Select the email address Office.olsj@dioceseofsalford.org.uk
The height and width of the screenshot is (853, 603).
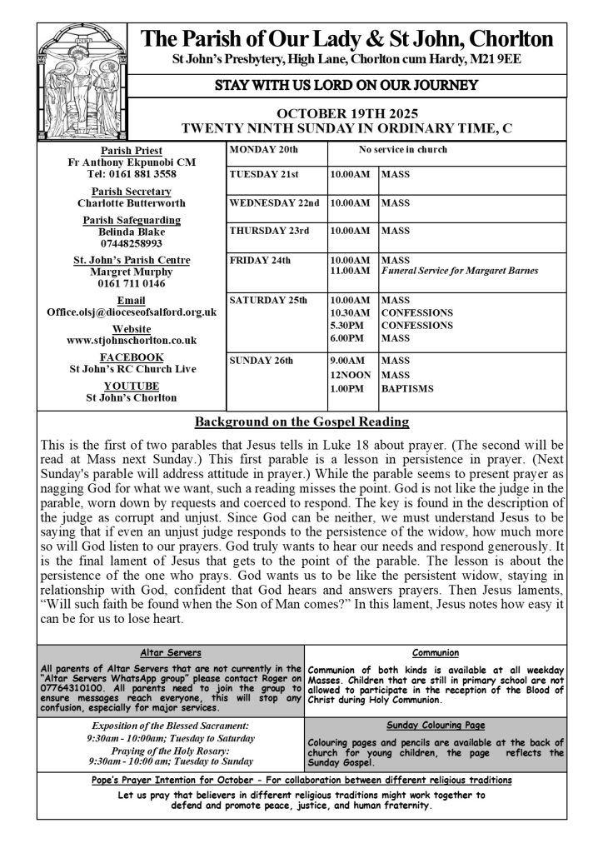[x=132, y=312]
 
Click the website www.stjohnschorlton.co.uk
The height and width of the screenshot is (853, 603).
[x=132, y=340]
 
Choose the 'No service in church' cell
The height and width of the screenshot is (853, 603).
[x=402, y=150]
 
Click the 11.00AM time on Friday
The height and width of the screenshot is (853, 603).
[x=350, y=271]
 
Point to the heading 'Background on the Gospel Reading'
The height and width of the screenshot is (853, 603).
[x=301, y=422]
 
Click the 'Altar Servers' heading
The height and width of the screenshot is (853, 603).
[x=170, y=654]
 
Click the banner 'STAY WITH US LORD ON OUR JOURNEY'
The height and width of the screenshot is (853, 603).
[x=346, y=85]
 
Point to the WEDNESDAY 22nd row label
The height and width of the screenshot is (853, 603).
[x=274, y=202]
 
